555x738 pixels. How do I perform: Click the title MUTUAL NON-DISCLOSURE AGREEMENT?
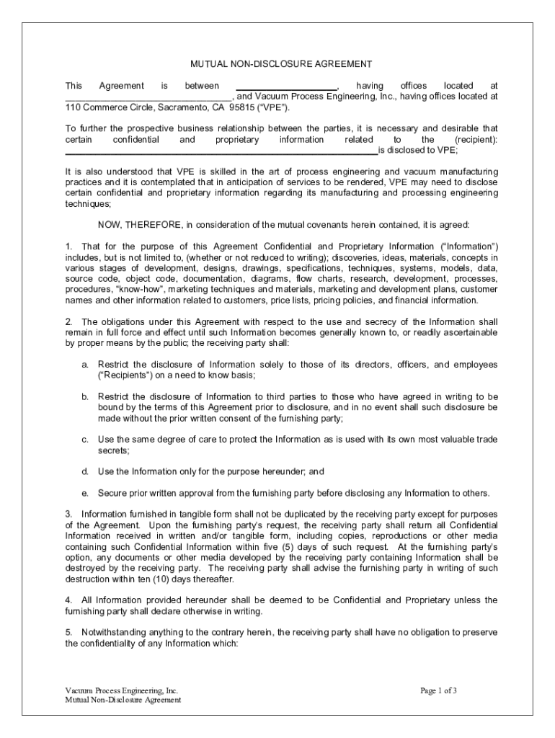[280, 64]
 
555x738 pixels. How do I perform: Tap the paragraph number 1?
[68, 246]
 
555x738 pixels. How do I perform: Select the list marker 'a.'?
[85, 365]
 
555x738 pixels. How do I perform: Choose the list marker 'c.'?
[85, 439]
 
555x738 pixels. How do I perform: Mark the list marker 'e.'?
[85, 494]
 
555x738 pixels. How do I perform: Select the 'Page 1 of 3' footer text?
[439, 690]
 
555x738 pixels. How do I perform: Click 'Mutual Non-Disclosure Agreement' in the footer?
[123, 700]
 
